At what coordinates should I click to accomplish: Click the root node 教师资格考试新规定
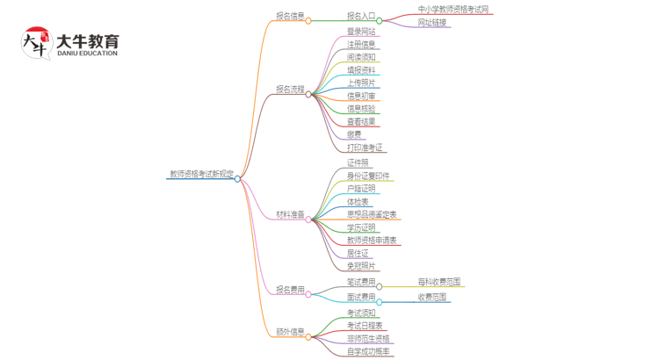click(x=201, y=174)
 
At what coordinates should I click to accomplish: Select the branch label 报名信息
click(x=290, y=16)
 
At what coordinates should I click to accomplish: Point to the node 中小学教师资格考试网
click(x=453, y=10)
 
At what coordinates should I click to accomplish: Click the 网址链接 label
click(x=432, y=22)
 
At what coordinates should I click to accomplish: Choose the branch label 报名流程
click(x=290, y=90)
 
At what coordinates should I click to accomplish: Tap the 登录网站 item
click(x=360, y=32)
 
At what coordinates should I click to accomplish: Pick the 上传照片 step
click(x=360, y=83)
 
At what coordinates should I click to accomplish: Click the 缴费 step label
click(x=353, y=134)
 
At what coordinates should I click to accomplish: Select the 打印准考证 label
click(x=365, y=148)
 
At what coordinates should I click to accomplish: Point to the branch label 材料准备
click(x=290, y=214)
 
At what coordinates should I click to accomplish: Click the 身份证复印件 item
click(x=367, y=176)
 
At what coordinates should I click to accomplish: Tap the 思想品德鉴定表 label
click(x=371, y=214)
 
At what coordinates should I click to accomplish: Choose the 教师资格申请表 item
click(x=371, y=240)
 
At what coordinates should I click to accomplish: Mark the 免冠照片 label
click(x=360, y=265)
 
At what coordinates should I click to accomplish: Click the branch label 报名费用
click(x=290, y=290)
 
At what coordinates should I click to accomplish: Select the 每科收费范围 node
click(x=439, y=282)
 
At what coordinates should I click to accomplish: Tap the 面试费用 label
click(x=360, y=298)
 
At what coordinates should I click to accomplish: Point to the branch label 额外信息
click(x=290, y=333)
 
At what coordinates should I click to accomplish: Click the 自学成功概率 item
click(x=369, y=351)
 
